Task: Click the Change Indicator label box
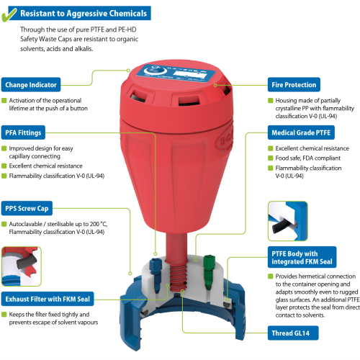[x=31, y=84]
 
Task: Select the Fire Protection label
[x=294, y=84]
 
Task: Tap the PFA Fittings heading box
[x=23, y=132]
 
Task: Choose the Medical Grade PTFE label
[x=301, y=132]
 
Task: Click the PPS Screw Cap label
[x=27, y=208]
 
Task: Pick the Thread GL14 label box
[x=293, y=333]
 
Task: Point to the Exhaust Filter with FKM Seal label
[x=48, y=299]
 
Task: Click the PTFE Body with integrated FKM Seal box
[x=302, y=257]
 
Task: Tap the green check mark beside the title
[x=9, y=15]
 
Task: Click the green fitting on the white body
[x=208, y=271]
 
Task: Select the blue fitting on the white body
[x=156, y=275]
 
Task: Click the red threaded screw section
[x=178, y=276]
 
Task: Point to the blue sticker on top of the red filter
[x=175, y=73]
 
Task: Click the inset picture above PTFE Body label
[x=287, y=221]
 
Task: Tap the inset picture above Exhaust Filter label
[x=21, y=266]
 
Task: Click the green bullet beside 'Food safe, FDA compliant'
[x=271, y=158]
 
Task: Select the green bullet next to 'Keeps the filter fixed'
[x=4, y=315]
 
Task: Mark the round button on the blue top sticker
[x=155, y=71]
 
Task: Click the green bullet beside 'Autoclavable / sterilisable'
[x=4, y=224]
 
